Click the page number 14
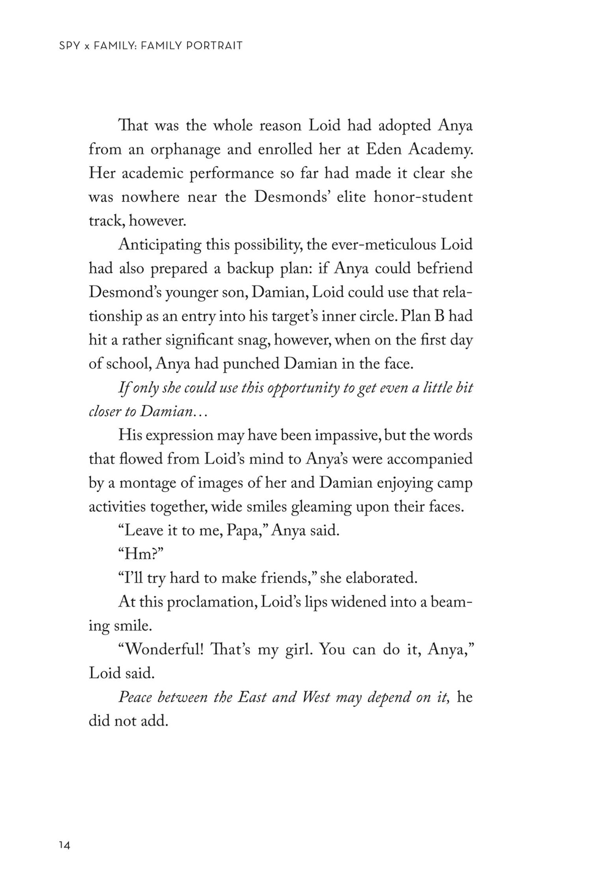64,845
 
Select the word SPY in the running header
68,46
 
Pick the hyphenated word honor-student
423,197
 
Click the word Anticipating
159,245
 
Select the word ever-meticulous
383,245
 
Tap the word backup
253,269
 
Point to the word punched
252,364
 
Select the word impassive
344,436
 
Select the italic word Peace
135,698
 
